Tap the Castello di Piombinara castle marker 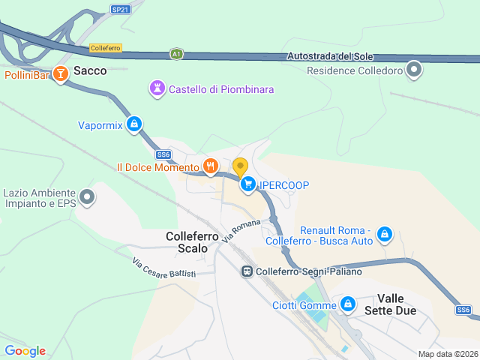(x=157, y=89)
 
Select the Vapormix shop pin (x=134, y=124)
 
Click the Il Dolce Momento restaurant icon (x=211, y=166)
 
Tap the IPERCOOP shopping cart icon (x=247, y=184)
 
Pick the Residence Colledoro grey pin (x=414, y=71)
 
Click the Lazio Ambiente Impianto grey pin (x=88, y=198)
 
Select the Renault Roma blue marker (x=385, y=235)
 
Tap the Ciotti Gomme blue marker (x=347, y=304)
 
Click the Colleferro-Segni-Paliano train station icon (x=246, y=271)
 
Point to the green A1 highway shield (x=176, y=54)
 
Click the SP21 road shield (x=120, y=9)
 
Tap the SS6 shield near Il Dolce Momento (x=164, y=154)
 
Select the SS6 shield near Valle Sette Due (x=463, y=310)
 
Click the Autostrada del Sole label (x=330, y=57)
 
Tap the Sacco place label (x=90, y=71)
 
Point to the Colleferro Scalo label (x=192, y=241)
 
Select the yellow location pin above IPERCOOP (x=240, y=166)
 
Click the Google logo (x=25, y=351)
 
